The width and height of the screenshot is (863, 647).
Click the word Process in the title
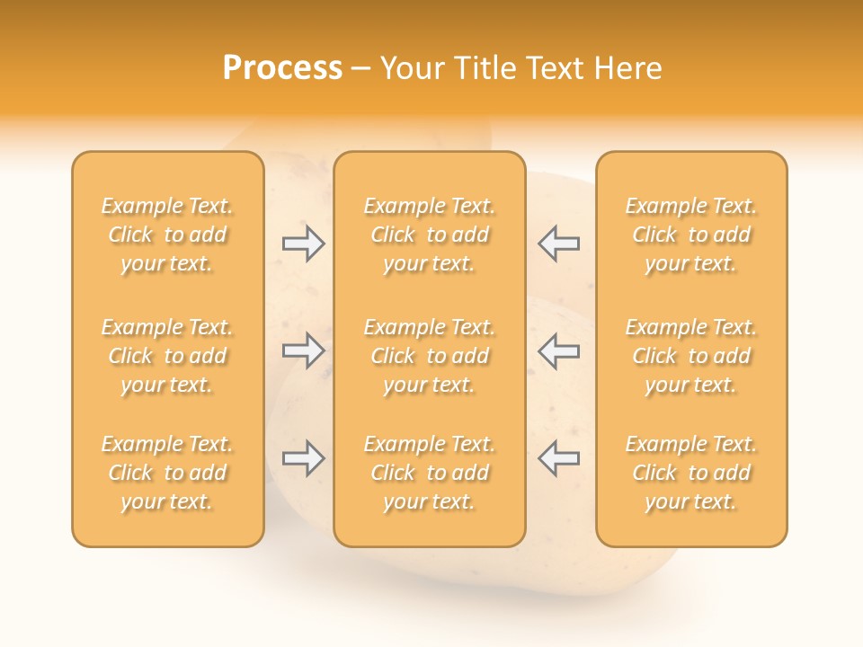282,68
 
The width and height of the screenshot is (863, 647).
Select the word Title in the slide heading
487,68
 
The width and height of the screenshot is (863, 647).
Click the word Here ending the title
630,68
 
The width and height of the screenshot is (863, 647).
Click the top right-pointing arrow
303,244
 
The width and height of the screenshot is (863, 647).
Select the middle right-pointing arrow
303,350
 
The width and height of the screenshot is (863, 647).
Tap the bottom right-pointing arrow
303,458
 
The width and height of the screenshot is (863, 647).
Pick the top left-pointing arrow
558,244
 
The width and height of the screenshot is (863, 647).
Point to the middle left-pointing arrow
558,350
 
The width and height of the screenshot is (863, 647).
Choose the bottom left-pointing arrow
558,458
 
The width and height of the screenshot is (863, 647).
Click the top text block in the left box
167,235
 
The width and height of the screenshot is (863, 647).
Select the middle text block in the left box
167,356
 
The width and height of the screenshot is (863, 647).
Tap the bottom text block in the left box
167,473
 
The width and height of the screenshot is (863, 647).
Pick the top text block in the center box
429,235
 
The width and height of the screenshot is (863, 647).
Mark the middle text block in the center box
429,356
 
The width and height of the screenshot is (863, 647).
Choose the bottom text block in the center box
429,473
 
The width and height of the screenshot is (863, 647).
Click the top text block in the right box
690,235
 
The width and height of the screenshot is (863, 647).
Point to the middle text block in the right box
690,356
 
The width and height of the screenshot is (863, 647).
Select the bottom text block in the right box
690,473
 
